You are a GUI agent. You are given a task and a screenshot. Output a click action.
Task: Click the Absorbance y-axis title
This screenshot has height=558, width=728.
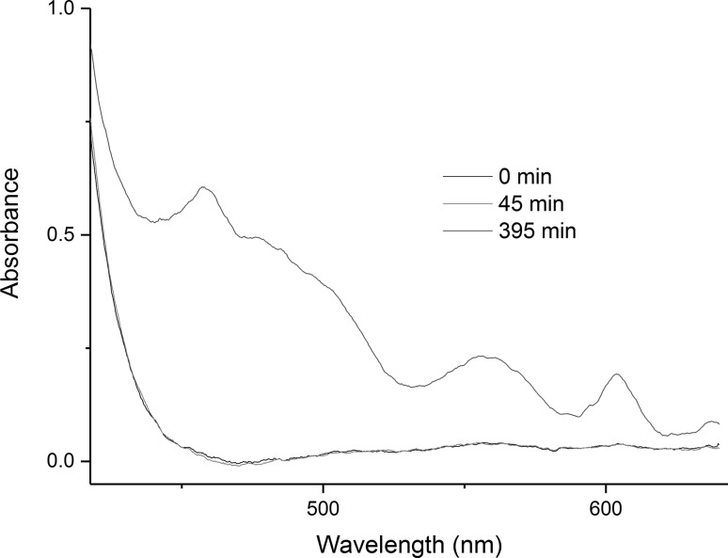tap(13, 234)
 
